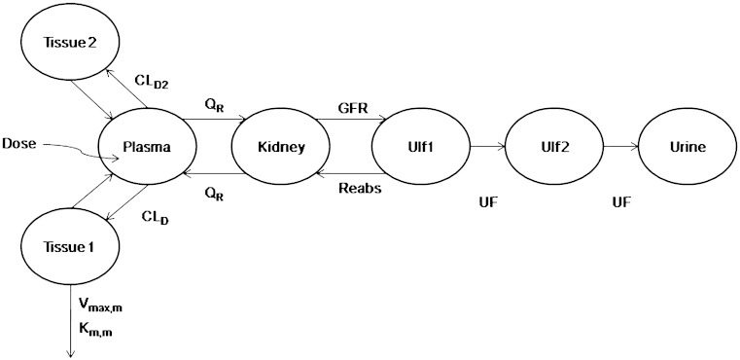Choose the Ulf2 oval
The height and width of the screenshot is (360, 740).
tap(553, 149)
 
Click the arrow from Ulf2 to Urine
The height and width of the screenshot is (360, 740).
tap(620, 149)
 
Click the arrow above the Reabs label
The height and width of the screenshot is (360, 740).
tap(344, 174)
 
